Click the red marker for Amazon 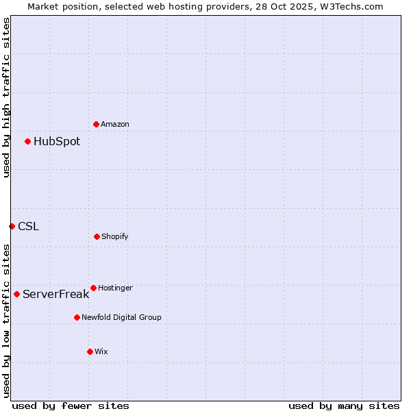(96, 124)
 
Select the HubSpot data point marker (27, 141)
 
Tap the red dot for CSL (12, 226)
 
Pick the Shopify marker (97, 236)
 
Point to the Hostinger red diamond (93, 288)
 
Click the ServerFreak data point (16, 294)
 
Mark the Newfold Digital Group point (77, 317)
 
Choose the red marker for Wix (90, 351)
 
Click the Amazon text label (115, 124)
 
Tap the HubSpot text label (57, 142)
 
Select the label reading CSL (28, 226)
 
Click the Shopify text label (115, 236)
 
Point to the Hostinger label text (115, 288)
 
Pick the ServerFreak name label (55, 295)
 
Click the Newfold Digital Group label (121, 317)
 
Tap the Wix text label (101, 351)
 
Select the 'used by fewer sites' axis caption (71, 406)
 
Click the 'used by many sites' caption (344, 406)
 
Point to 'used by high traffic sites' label (6, 98)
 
